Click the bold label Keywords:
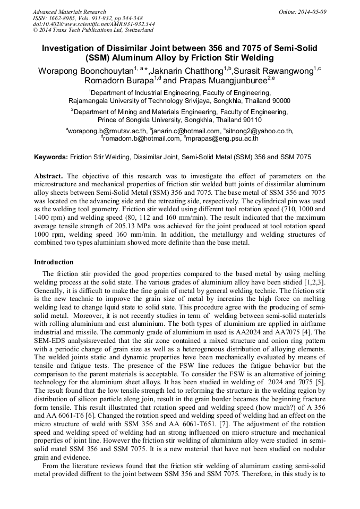[51, 158]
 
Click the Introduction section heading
[54, 262]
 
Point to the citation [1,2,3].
[315, 280]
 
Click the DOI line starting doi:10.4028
[93, 24]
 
